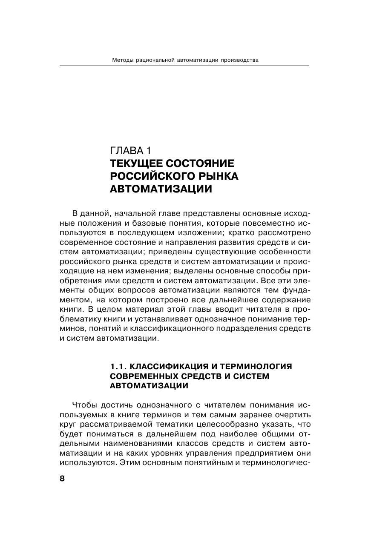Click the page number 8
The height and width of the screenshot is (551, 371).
(62, 479)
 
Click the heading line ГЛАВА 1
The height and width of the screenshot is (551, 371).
(130, 150)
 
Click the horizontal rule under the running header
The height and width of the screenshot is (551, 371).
(184, 66)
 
